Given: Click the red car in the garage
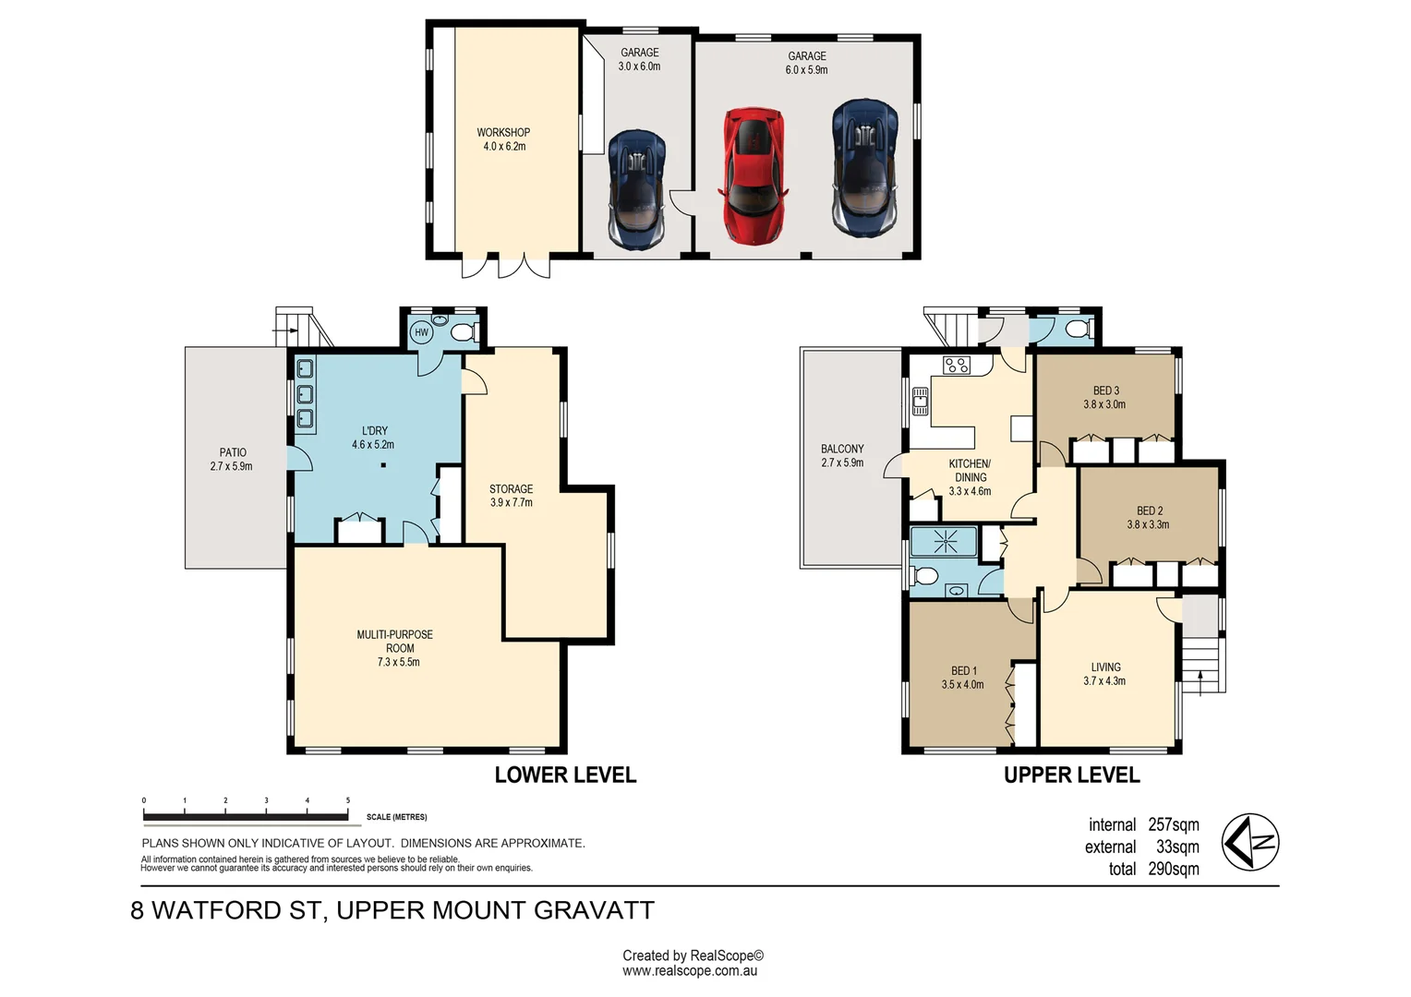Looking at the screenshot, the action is coord(754,175).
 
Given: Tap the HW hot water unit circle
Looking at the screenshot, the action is coord(421,332).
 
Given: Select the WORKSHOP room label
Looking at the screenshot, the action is coord(503,133).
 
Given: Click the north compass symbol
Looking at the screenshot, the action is coord(1250,842).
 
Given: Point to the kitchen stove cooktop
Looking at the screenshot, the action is coord(956,365).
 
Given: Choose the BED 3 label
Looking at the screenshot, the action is coord(1106,390).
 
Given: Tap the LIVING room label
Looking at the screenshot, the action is coord(1106,667).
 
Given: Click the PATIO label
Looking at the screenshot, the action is coord(233,452).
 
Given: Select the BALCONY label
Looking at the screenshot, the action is coord(842,449).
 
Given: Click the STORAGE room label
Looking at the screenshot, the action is coord(511,488).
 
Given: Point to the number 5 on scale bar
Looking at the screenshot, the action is coord(348,800).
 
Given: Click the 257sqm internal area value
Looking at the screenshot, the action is coord(1174,824).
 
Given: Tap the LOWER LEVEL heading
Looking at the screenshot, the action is coord(565,775).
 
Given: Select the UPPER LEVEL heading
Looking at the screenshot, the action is coord(1071,775).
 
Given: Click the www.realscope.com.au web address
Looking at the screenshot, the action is coord(690,971).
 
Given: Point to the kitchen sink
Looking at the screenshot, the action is coord(921,401).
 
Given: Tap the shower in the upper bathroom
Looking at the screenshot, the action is coord(943,542).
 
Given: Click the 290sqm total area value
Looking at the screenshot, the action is coord(1174,870).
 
